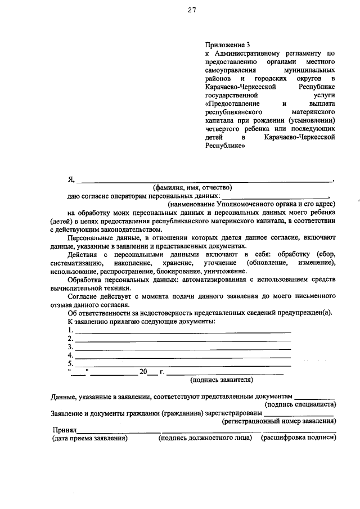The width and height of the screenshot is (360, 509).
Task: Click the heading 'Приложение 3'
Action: click(227, 44)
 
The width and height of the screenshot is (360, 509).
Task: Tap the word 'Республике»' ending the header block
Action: click(226, 145)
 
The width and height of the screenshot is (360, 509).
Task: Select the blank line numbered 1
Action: click(183, 331)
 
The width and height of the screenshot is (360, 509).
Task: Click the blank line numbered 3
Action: click(183, 348)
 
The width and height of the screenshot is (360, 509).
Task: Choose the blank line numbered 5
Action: click(183, 364)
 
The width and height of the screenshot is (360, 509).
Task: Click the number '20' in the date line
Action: click(143, 372)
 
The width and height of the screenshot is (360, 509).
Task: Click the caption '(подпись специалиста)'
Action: click(300, 404)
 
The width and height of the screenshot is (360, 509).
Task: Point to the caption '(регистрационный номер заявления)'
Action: click(279, 420)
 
